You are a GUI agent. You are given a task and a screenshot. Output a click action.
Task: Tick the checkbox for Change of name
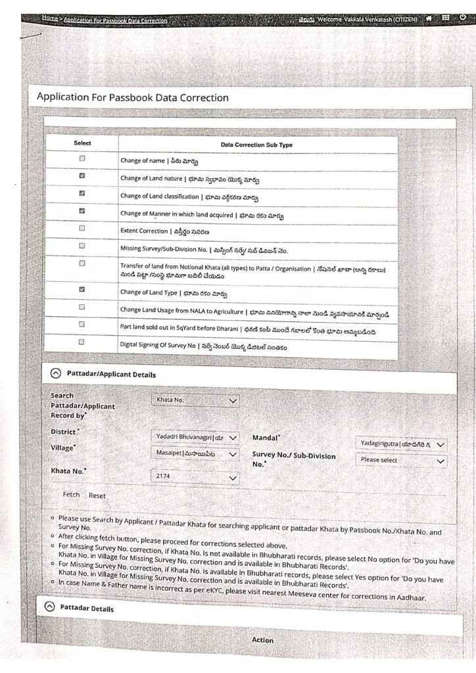tap(82, 159)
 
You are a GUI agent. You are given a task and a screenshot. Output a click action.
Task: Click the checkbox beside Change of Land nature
tap(82, 176)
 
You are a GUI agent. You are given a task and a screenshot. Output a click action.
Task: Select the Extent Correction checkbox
tap(82, 228)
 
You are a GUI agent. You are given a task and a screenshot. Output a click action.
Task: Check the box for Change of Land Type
tap(82, 289)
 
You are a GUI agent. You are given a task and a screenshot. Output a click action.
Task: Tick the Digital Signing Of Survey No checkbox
tap(82, 342)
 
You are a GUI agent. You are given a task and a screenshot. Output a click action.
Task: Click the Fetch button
tap(71, 495)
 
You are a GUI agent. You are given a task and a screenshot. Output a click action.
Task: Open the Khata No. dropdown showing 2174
tap(195, 478)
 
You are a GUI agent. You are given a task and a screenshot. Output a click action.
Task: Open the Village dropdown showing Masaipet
tap(195, 453)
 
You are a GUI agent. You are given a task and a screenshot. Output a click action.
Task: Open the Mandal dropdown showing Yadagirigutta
tap(401, 444)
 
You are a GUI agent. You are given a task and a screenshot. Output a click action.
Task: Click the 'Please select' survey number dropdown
tap(401, 461)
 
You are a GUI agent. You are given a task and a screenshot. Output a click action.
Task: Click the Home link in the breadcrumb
tap(50, 20)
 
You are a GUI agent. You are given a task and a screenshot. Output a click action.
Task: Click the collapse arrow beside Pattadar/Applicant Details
tap(56, 374)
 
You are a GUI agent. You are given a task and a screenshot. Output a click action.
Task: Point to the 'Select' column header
tap(82, 143)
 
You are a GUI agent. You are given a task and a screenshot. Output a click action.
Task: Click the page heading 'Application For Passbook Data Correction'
tap(133, 98)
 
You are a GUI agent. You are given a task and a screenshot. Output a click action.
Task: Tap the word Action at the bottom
tap(263, 639)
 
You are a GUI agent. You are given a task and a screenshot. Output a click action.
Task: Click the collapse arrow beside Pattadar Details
tap(49, 608)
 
